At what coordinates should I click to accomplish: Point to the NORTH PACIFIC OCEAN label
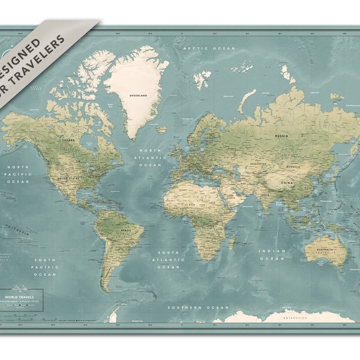pos(17,174)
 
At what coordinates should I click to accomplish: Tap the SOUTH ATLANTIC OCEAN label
pos(169,259)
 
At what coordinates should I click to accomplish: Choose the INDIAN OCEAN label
pos(271,255)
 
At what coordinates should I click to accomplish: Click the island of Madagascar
pos(232,242)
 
